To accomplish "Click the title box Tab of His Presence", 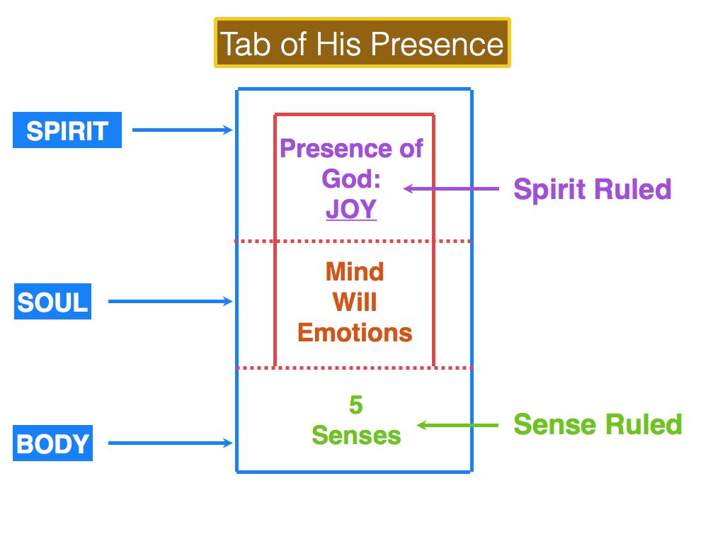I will pos(362,43).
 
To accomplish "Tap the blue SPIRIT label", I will pos(67,131).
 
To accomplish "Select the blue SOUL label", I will pos(53,302).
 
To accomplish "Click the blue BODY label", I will pos(53,444).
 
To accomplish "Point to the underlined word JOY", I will pos(351,210).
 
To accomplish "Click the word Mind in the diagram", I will pos(355,271).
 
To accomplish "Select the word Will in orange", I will pos(355,302).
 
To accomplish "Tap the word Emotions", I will pos(355,333).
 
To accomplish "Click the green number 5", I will pos(355,405).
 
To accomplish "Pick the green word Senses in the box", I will pos(356,435).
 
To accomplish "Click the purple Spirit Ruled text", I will pos(592,189).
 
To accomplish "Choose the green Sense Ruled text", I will pos(598,424).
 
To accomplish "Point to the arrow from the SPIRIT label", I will pos(182,130).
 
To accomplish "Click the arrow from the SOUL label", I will pos(170,302).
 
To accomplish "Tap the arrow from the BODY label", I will pos(170,444).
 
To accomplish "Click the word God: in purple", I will pos(351,179).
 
